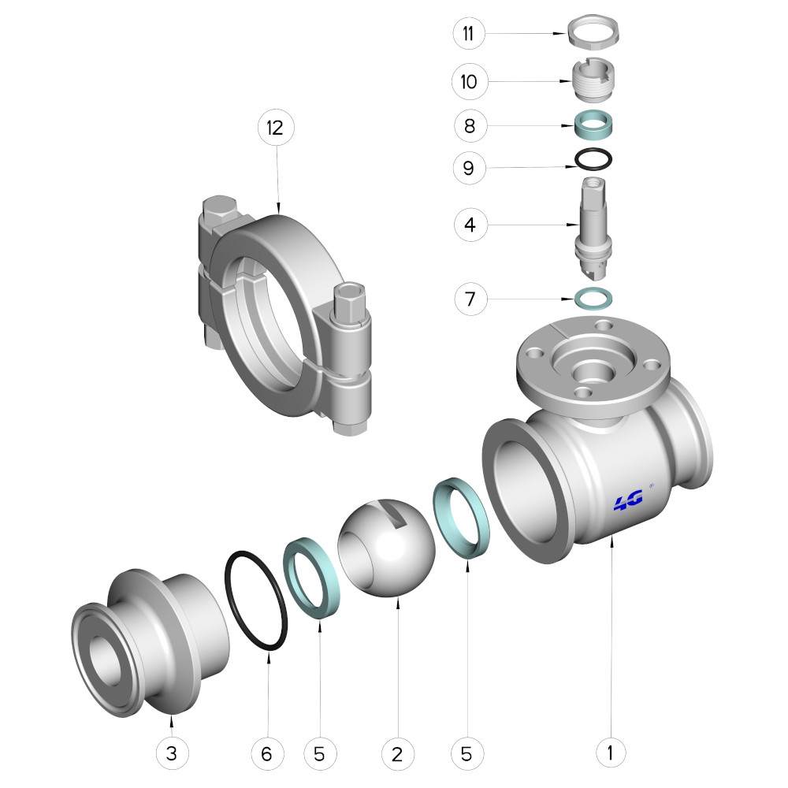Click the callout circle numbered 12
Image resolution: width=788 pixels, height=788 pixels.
coord(275,127)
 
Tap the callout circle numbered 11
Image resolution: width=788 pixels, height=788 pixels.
coord(468,33)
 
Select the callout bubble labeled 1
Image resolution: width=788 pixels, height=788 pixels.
coord(611,753)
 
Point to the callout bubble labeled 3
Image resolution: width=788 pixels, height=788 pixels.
coord(171,753)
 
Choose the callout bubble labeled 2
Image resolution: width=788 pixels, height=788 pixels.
coord(397,753)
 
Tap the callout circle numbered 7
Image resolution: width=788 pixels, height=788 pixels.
coord(470,299)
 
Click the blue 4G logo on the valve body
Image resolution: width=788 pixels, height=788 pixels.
coord(628,500)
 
